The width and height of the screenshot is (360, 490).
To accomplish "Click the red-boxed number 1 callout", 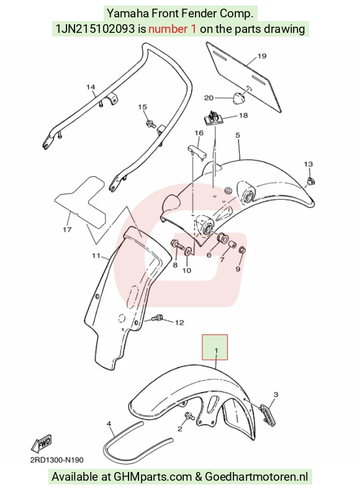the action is [x=216, y=350].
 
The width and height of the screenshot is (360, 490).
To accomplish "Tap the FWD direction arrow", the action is [x=42, y=443].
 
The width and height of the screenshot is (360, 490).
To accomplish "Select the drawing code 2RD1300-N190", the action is [x=57, y=460].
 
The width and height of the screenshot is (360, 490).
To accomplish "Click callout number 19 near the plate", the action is [x=262, y=56].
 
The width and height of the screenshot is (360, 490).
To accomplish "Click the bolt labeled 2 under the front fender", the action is [x=189, y=416].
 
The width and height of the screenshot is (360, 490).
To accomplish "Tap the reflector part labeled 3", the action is [x=267, y=415].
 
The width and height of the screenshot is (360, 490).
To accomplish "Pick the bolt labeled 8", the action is [x=177, y=243].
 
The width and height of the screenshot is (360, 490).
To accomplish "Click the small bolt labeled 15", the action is [x=151, y=123].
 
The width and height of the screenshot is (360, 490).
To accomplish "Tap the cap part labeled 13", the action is [x=310, y=181].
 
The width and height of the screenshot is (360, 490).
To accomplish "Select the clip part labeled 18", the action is [x=213, y=117].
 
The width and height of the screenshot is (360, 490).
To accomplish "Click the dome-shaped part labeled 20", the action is [x=238, y=97].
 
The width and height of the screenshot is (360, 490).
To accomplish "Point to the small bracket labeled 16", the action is [x=197, y=151].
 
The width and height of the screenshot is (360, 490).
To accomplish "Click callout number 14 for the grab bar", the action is [x=91, y=87].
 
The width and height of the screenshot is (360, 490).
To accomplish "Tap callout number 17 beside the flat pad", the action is [x=67, y=229].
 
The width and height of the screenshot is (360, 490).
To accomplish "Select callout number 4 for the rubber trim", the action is [x=109, y=424].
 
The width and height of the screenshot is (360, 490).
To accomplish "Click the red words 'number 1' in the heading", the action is [x=173, y=29].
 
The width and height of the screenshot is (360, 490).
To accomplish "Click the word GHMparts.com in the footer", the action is [x=153, y=477].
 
